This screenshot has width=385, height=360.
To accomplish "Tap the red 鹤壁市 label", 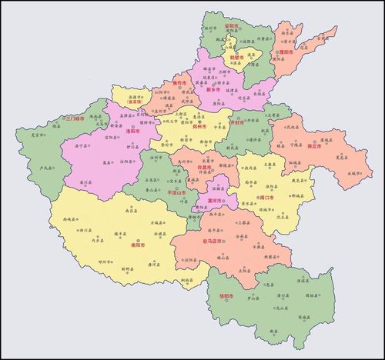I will [236, 56].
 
